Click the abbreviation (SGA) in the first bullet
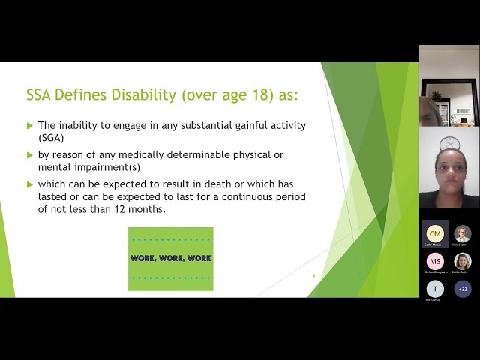pyautogui.click(x=51, y=138)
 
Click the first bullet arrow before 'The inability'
pyautogui.click(x=30, y=126)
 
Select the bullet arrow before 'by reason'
pyautogui.click(x=30, y=155)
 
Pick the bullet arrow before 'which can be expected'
pyautogui.click(x=30, y=184)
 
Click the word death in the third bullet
pyautogui.click(x=226, y=184)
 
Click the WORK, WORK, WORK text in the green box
pyautogui.click(x=170, y=258)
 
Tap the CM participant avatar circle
pyautogui.click(x=435, y=233)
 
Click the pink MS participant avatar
pyautogui.click(x=435, y=261)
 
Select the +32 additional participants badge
pyautogui.click(x=463, y=289)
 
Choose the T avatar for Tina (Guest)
pyautogui.click(x=435, y=289)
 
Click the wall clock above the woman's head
pyautogui.click(x=449, y=142)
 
